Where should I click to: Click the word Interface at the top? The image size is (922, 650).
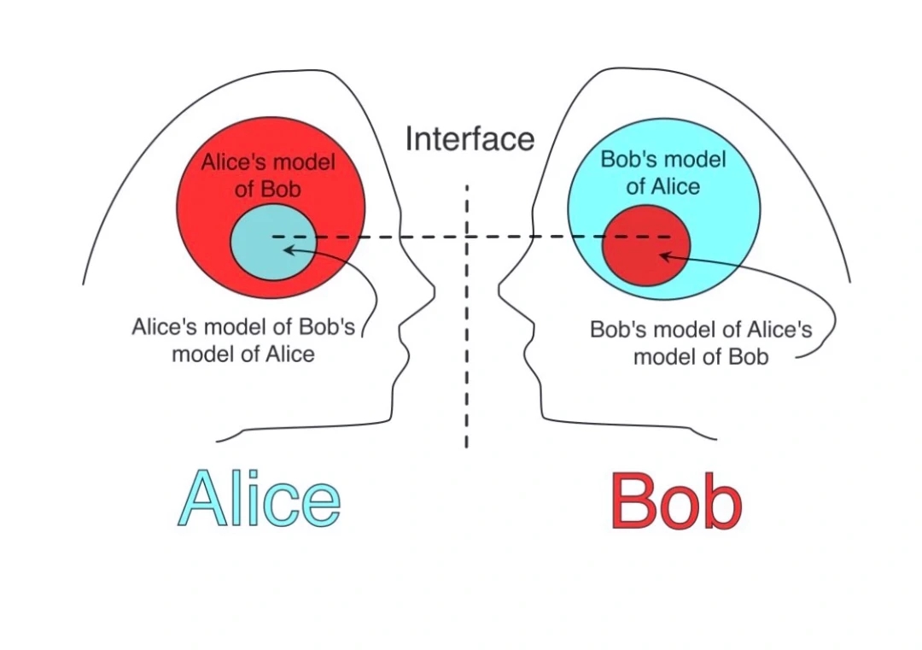coord(469,138)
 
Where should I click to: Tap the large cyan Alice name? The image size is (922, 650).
coord(259,499)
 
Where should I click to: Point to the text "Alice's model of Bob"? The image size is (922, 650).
coord(268,175)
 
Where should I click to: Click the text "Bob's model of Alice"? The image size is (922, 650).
coord(663,173)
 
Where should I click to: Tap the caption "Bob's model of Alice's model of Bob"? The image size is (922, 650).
coord(701,343)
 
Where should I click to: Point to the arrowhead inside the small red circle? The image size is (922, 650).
coord(662,254)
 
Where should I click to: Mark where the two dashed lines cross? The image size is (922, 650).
coord(467,236)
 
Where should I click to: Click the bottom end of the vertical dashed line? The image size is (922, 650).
coord(467,446)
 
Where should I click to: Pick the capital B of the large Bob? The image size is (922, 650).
coord(637,501)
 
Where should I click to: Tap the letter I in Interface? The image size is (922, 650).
coord(409,138)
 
